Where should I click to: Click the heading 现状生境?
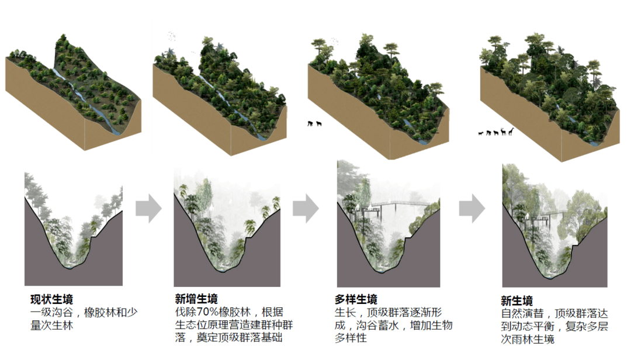51,299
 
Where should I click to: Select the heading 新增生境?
196,299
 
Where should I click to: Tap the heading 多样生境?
356,299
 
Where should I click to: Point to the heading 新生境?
516,300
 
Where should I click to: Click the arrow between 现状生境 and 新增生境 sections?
148,208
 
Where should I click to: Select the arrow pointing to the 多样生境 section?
306,208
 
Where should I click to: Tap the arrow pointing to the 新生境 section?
472,208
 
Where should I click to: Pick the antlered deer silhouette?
503,131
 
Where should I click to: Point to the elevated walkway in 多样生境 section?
399,205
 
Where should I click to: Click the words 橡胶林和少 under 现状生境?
110,312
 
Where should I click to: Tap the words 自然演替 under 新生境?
522,313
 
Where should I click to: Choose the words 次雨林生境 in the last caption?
528,339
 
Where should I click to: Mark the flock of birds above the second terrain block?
172,36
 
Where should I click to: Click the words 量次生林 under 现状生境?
51,325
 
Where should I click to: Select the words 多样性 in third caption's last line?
351,338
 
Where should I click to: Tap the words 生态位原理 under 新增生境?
202,324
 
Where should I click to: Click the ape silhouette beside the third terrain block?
310,124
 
